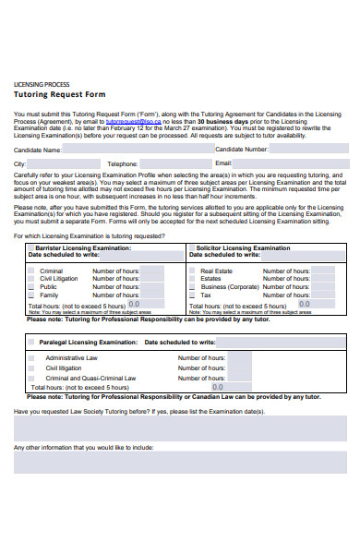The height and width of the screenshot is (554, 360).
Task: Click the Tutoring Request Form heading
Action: tap(59, 94)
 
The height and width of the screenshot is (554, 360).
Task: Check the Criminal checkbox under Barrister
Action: tap(31, 271)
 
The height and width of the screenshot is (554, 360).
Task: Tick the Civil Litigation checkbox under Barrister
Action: tap(31, 280)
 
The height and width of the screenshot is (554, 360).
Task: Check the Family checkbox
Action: tap(31, 295)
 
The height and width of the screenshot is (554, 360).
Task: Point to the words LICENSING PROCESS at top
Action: tap(42, 84)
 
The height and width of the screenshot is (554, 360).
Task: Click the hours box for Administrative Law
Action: tap(237, 358)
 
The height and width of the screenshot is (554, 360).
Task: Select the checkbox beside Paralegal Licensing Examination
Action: tap(31, 342)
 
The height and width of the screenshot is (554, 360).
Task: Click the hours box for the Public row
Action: tap(152, 287)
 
